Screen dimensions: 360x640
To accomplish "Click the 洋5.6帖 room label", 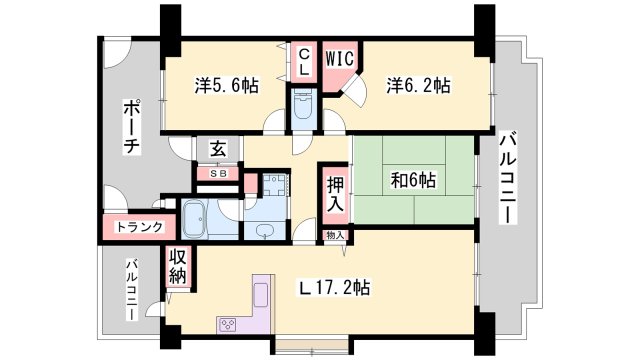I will click(226, 87).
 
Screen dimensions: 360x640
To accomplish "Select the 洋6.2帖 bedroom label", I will click(418, 87).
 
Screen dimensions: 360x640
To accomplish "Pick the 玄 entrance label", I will click(218, 150).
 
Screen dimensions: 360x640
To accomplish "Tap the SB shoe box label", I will click(217, 174).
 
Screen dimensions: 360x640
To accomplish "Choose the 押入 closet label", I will click(335, 196).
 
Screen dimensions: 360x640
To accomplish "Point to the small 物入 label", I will click(335, 235).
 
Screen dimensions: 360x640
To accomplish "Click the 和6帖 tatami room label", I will click(412, 181).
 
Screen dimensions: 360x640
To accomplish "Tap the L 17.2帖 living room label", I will click(336, 288).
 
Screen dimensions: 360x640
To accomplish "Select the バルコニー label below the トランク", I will click(131, 290).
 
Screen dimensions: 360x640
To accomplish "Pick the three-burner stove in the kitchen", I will click(228, 323).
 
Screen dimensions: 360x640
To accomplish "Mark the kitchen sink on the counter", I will click(258, 296).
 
